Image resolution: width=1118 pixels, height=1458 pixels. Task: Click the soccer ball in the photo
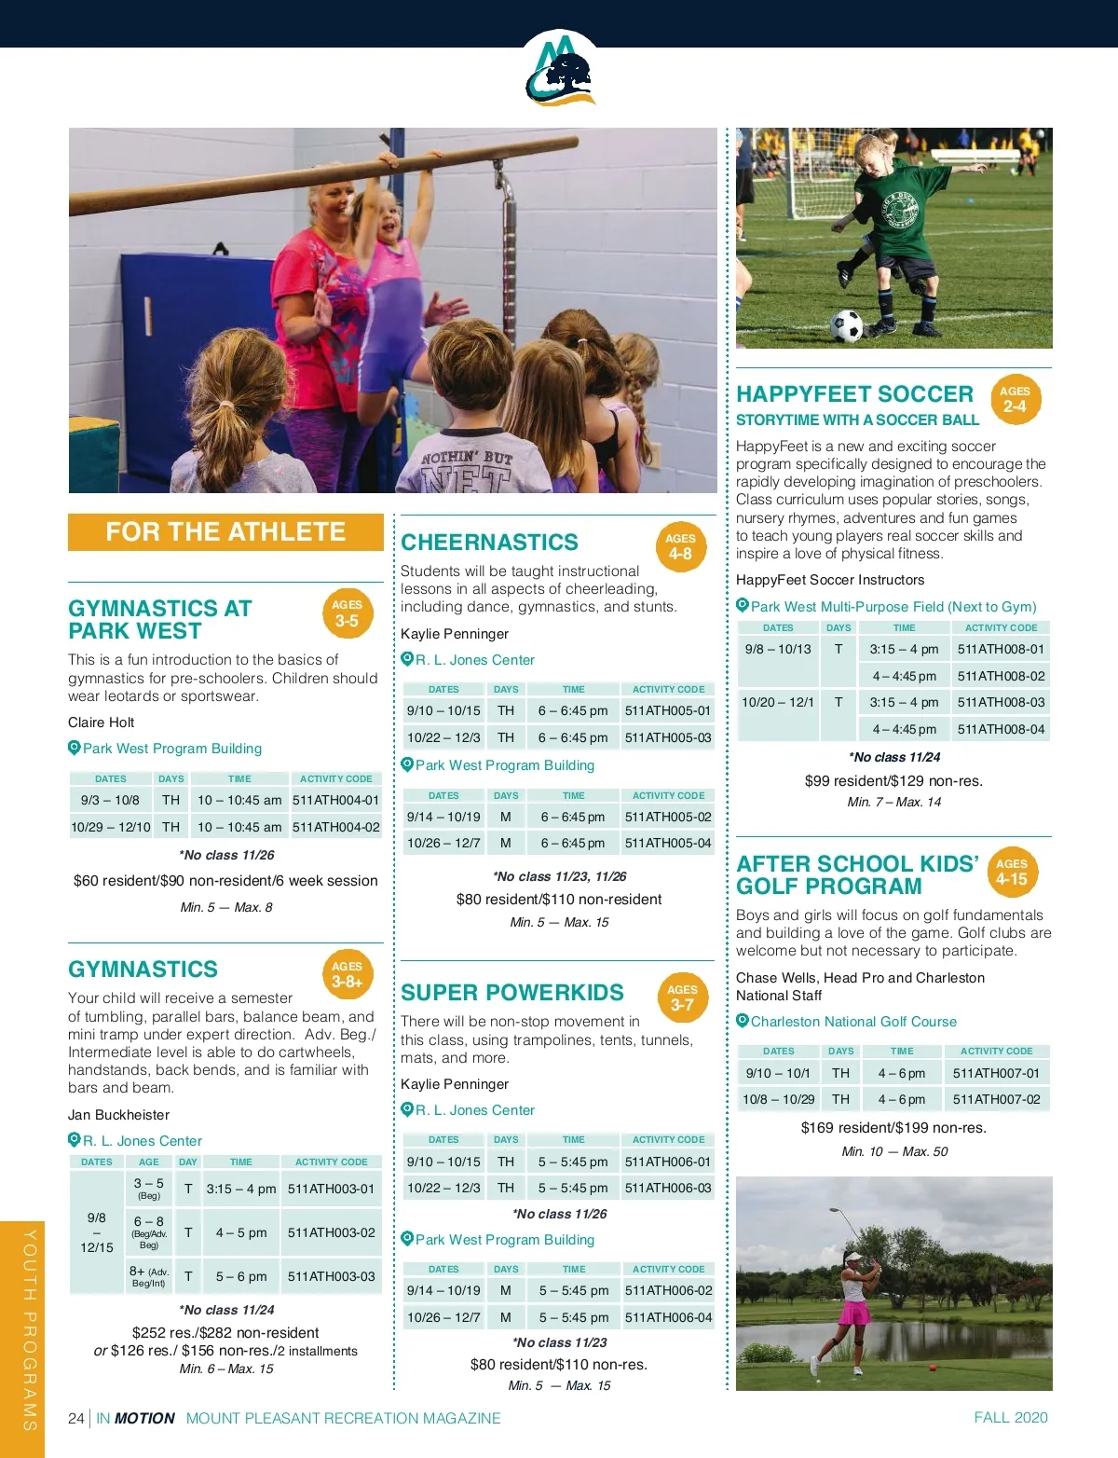tap(847, 326)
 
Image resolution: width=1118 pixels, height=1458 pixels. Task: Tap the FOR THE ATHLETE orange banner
tap(225, 531)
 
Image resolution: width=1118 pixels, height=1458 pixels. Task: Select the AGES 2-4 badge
tap(1014, 399)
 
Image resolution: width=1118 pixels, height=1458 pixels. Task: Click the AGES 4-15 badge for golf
tap(1011, 872)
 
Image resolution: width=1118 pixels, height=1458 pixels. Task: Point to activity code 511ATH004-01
tap(335, 800)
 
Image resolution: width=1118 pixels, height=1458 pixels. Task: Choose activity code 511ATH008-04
tap(1001, 729)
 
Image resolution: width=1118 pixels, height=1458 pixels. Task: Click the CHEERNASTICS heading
tap(489, 543)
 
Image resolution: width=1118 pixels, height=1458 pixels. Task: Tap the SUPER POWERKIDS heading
tap(512, 993)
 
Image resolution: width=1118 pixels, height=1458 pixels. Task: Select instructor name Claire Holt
tap(102, 722)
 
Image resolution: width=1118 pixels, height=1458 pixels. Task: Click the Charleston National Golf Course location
tap(853, 1022)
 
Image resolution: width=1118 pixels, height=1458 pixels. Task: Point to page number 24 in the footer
tap(76, 1418)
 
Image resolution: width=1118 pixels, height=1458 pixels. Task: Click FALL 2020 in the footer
tap(1011, 1417)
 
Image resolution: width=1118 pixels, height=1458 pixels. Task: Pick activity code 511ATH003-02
tap(331, 1232)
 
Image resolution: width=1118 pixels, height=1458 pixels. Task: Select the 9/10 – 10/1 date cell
tap(778, 1073)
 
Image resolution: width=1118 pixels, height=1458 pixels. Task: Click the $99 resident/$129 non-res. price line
tap(893, 780)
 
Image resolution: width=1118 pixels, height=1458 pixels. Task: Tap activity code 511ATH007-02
tap(996, 1099)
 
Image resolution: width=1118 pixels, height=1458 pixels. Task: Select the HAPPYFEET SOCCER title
tap(854, 394)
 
